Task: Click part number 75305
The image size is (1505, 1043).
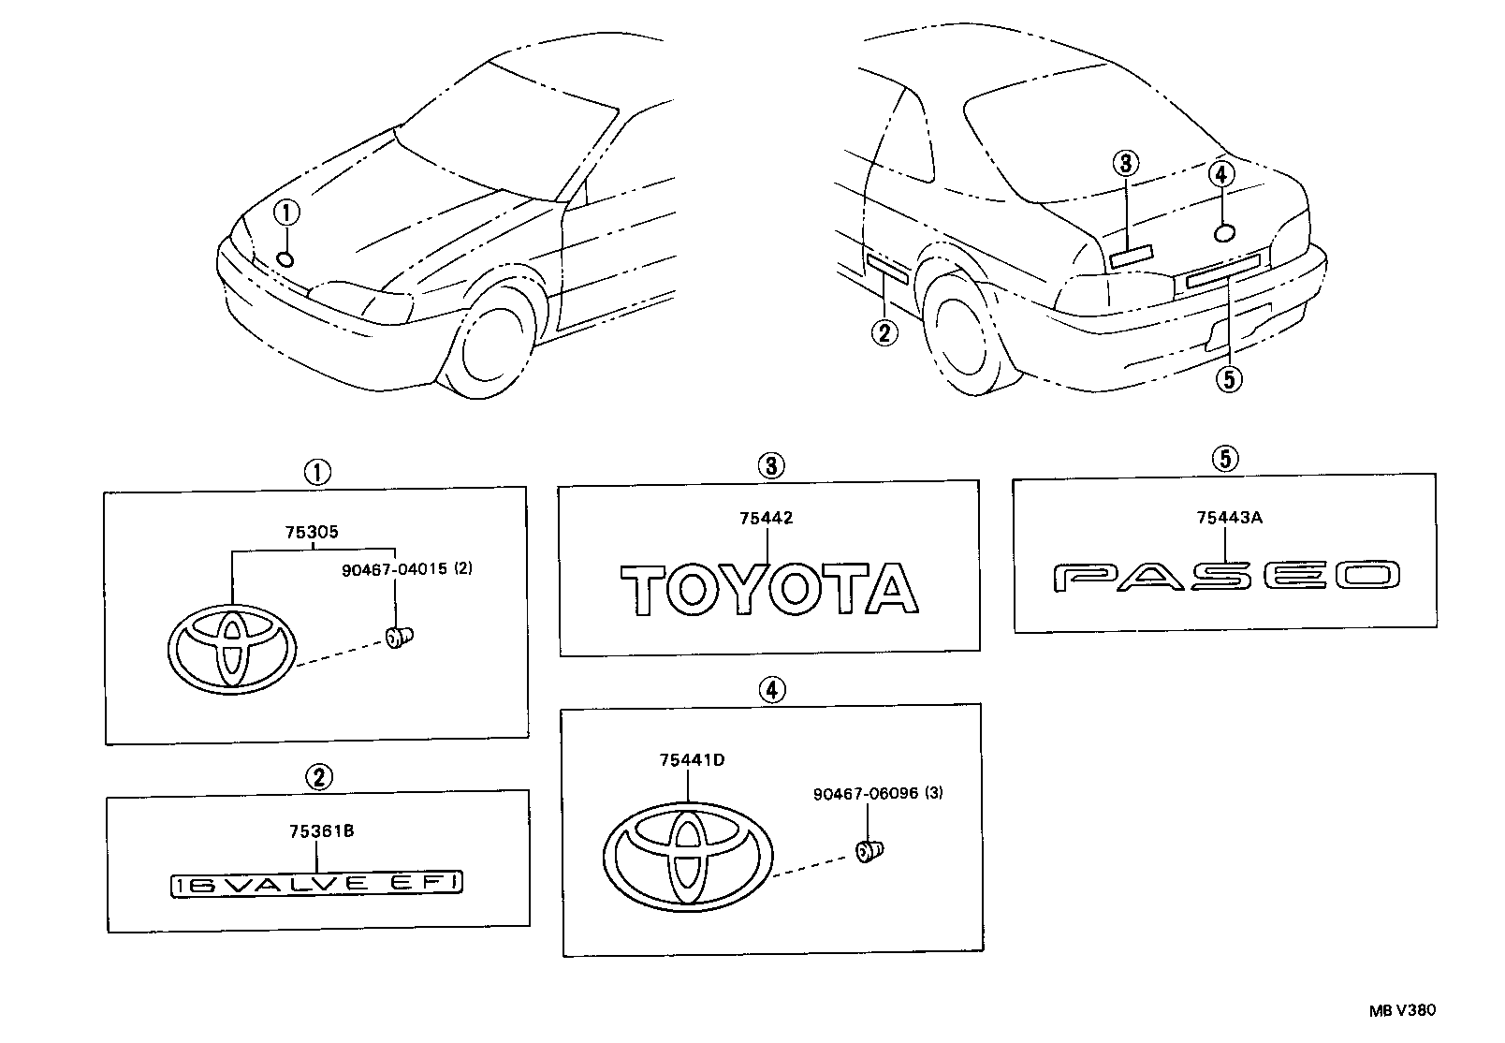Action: click(x=312, y=533)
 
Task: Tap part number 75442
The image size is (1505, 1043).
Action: click(x=766, y=519)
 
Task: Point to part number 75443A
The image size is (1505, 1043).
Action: click(x=1229, y=517)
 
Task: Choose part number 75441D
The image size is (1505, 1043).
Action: click(x=691, y=760)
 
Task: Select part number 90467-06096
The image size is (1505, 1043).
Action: click(x=866, y=793)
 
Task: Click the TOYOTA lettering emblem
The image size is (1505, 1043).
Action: click(x=769, y=589)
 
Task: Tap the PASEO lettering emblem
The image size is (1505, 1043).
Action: click(x=1227, y=576)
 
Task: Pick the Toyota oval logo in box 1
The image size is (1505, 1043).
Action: click(x=233, y=647)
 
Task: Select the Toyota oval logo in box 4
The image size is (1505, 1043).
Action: click(x=688, y=854)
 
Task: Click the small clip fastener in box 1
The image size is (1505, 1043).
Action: click(x=401, y=638)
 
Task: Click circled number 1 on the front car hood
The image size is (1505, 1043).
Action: click(x=286, y=213)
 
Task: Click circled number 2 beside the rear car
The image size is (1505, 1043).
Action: click(x=884, y=331)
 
